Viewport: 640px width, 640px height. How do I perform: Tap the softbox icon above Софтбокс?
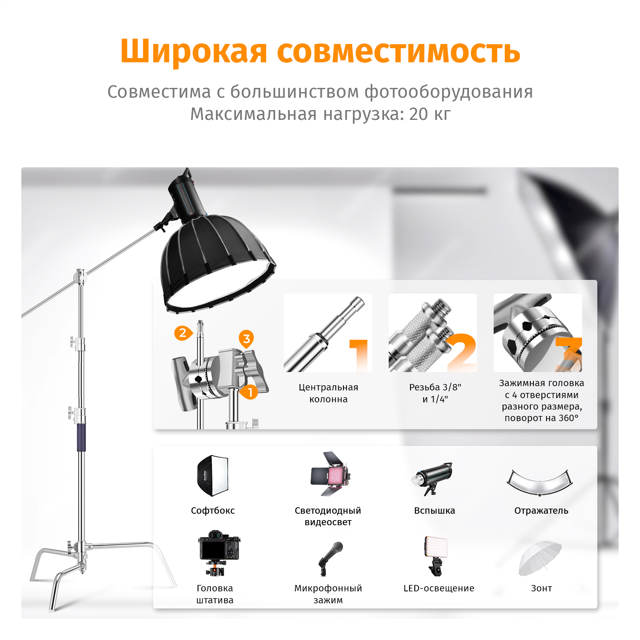(212, 475)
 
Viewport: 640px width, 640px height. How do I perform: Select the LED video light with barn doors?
(330, 474)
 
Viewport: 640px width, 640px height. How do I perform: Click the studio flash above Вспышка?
(432, 478)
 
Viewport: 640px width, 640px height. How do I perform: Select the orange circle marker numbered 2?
(183, 333)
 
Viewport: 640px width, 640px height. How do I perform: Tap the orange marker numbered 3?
(246, 339)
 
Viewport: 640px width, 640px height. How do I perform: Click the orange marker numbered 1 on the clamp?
(250, 392)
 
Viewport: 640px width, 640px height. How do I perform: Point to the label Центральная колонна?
(329, 393)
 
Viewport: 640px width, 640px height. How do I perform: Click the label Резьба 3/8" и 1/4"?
(435, 393)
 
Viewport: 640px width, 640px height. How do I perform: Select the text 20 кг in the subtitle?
(430, 114)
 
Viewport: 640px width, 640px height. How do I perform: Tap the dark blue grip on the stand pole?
(81, 437)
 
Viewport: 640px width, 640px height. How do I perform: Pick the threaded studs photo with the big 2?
(433, 333)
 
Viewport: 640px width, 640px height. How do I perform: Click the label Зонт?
(541, 588)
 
